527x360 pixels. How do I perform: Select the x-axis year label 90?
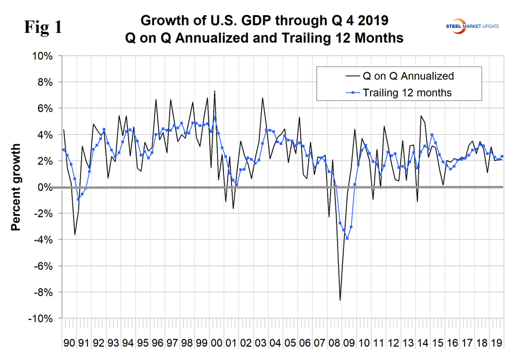pos(69,343)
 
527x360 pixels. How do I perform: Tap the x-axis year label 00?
pos(215,343)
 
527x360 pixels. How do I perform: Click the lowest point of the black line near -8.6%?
pos(340,300)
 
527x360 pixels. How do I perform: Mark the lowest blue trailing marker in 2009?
pos(347,238)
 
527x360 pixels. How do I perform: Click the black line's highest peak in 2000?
pos(215,91)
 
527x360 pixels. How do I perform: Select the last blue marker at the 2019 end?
pos(502,156)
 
